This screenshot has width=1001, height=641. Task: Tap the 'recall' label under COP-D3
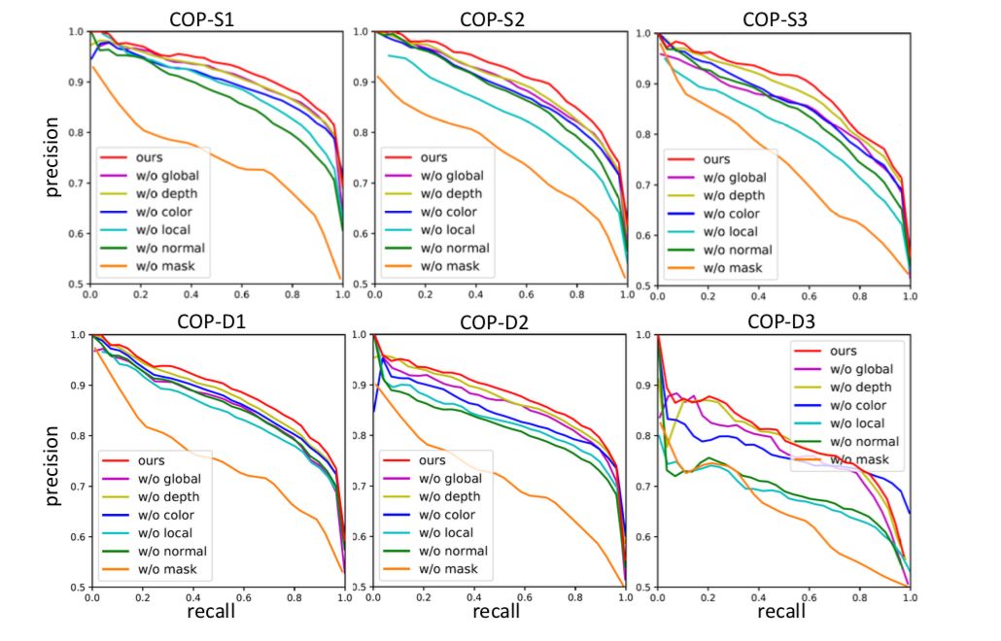click(x=782, y=612)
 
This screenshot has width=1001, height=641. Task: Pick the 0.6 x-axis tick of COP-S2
click(x=526, y=292)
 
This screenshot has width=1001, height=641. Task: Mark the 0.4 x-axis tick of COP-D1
click(x=192, y=596)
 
